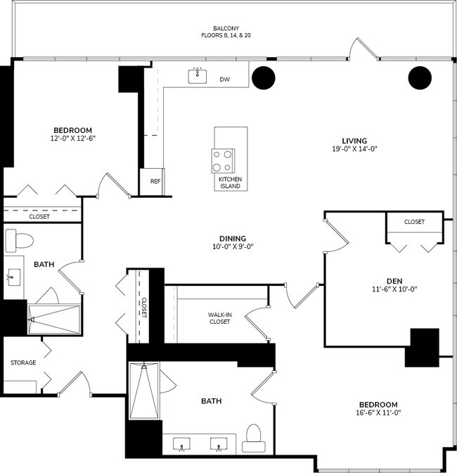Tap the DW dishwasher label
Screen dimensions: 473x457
tap(224, 80)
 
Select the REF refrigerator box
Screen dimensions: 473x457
tap(155, 182)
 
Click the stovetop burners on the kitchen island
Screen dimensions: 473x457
tap(224, 160)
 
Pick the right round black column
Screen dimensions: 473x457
tap(419, 77)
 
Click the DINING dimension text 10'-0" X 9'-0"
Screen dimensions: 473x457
tap(233, 247)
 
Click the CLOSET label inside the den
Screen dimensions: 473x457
tap(414, 222)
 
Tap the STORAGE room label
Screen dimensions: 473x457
tap(22, 362)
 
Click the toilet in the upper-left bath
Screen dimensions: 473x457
tap(20, 240)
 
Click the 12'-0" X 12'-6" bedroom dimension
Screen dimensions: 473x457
tap(73, 139)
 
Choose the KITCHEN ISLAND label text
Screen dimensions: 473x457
tap(230, 182)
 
